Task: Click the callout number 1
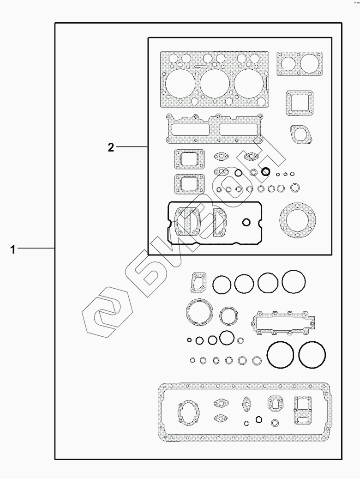click(12, 249)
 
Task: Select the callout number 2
click(111, 147)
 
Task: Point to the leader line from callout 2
click(132, 147)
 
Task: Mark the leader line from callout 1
click(36, 249)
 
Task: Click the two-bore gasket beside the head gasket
click(300, 64)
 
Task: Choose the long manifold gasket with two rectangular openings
click(214, 128)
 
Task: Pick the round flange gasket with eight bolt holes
click(298, 220)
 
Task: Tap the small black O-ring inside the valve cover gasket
click(246, 222)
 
